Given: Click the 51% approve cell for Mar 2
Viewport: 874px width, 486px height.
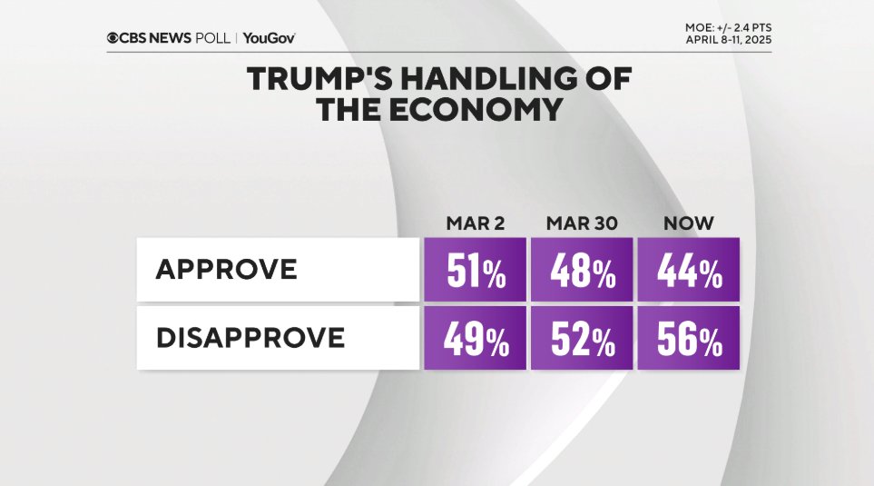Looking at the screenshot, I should point(475,270).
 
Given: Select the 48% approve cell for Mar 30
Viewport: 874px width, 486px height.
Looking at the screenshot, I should point(581,270).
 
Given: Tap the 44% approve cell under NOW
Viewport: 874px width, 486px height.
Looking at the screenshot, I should point(688,270).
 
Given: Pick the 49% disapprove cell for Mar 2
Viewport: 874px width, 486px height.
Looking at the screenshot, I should point(475,338).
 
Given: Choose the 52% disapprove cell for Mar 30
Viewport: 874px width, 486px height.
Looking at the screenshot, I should point(581,338).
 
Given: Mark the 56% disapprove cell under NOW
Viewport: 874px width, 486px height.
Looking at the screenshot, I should point(688,338).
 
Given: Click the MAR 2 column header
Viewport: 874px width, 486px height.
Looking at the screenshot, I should point(474,223).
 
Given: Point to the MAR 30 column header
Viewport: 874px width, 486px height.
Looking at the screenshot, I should point(581,223).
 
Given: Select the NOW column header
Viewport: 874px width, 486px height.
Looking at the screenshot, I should point(689,223).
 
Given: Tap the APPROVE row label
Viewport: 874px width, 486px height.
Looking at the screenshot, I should point(226,270).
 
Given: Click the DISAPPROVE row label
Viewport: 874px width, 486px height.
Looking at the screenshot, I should point(250,338).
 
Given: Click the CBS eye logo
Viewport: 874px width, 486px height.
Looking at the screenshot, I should point(113,38).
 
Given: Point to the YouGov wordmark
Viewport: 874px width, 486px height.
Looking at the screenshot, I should point(269,38).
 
